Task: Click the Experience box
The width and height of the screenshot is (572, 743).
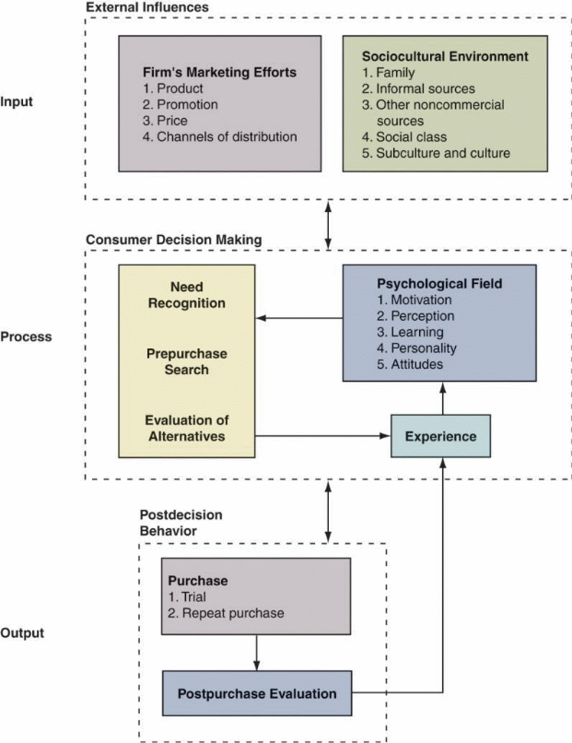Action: point(440,436)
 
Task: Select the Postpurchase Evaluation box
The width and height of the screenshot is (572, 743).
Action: point(256,693)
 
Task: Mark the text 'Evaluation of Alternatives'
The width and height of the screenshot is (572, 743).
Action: point(184,428)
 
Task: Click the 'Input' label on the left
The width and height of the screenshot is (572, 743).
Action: point(18,101)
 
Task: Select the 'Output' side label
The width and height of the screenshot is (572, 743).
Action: point(23,633)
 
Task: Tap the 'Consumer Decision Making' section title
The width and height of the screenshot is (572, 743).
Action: point(174,240)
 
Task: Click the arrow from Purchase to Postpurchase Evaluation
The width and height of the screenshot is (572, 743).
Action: point(256,653)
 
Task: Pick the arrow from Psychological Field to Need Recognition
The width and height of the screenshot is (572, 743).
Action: point(299,318)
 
